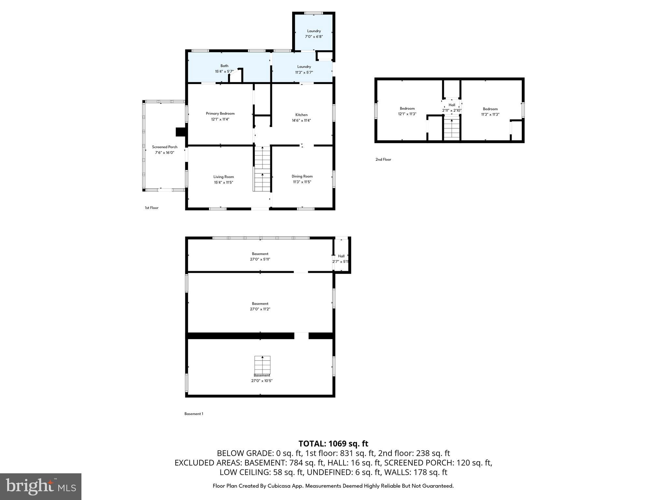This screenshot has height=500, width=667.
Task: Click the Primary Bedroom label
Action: [x=220, y=114]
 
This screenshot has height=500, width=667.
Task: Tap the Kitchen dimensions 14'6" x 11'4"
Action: [x=301, y=120]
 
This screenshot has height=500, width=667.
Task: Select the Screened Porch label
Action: [x=164, y=147]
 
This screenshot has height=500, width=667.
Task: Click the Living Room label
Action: [x=223, y=177]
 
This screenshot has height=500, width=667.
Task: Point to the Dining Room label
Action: [x=302, y=176]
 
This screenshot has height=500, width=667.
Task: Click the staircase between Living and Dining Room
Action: [x=262, y=169]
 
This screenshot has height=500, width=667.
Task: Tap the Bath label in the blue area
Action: [x=224, y=66]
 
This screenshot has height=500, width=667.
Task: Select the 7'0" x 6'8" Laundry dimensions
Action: [x=314, y=37]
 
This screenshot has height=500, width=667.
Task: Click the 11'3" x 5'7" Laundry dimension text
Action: [x=304, y=72]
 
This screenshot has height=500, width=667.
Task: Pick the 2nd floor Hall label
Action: [x=452, y=105]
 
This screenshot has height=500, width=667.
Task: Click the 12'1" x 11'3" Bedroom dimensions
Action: [x=407, y=114]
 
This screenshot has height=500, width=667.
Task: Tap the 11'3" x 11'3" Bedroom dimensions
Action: [x=490, y=115]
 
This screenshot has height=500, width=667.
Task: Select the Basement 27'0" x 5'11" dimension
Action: [x=260, y=259]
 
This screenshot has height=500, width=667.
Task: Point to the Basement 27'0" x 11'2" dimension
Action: [x=260, y=309]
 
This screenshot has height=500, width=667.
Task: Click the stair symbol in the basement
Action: [x=262, y=365]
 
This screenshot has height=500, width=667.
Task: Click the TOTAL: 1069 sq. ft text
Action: [x=333, y=444]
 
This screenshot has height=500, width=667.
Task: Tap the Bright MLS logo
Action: [x=41, y=486]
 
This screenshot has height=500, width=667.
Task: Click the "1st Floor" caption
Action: [x=151, y=208]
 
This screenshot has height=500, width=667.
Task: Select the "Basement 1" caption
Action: [x=193, y=414]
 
